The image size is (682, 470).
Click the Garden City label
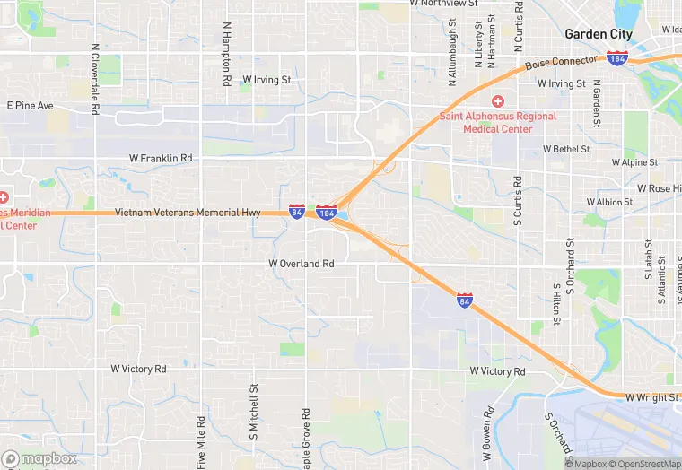(x=598, y=34)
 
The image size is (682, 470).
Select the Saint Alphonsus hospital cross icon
(x=497, y=101)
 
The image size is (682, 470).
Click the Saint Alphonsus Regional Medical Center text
(x=497, y=122)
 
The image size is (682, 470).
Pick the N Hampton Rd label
(x=227, y=55)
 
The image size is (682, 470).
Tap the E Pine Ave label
(x=31, y=106)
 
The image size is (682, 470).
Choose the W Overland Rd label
(x=302, y=264)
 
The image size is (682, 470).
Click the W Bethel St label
(x=566, y=149)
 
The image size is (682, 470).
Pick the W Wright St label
(x=651, y=396)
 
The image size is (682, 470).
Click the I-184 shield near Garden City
(x=616, y=58)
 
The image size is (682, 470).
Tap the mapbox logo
(x=39, y=458)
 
